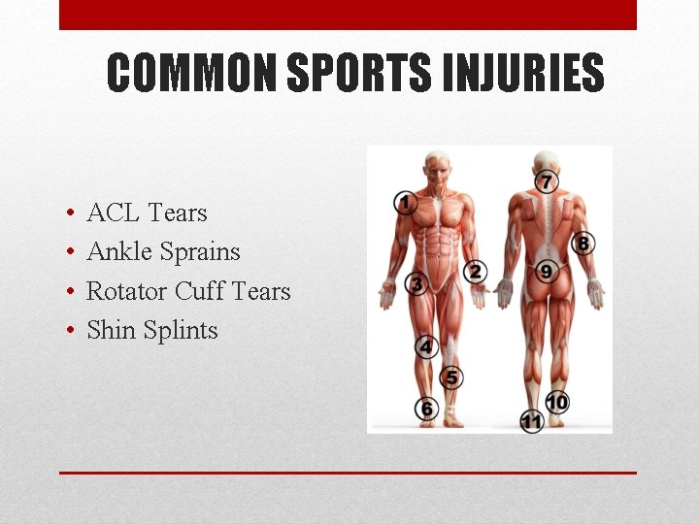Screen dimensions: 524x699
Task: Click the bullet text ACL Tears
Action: (x=147, y=213)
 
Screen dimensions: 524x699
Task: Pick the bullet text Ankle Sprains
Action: (x=163, y=251)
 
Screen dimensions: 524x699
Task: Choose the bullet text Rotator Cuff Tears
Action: (x=188, y=291)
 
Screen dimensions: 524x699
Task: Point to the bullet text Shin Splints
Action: (x=152, y=330)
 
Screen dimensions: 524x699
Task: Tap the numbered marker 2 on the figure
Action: (x=476, y=272)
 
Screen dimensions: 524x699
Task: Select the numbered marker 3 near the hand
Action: (x=416, y=284)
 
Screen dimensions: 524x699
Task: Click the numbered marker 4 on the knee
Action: (x=426, y=346)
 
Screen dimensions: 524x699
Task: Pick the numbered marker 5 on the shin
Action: (x=451, y=377)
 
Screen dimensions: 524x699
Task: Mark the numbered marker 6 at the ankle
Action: (x=427, y=409)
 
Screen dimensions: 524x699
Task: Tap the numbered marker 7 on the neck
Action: (x=547, y=181)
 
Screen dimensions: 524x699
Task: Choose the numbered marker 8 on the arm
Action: (x=583, y=244)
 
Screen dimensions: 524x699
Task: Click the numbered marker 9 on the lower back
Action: (x=547, y=272)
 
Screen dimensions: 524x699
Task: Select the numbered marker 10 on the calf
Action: (x=556, y=401)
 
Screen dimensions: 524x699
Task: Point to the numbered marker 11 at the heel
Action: (x=531, y=422)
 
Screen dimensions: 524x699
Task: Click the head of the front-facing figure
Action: (x=439, y=166)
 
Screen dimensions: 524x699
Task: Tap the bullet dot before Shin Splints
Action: (x=72, y=331)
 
